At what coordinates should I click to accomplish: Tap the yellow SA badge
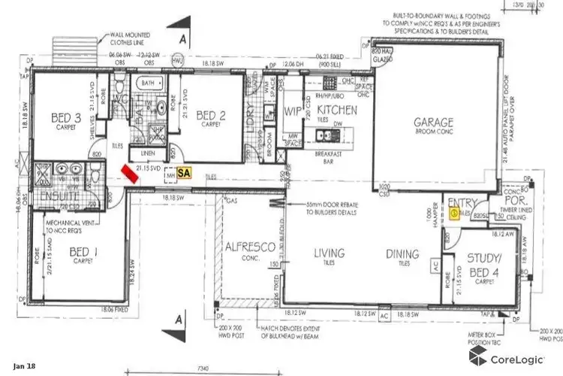(183, 172)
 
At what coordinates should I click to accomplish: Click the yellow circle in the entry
(455, 213)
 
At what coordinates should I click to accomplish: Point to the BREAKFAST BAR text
(339, 156)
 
